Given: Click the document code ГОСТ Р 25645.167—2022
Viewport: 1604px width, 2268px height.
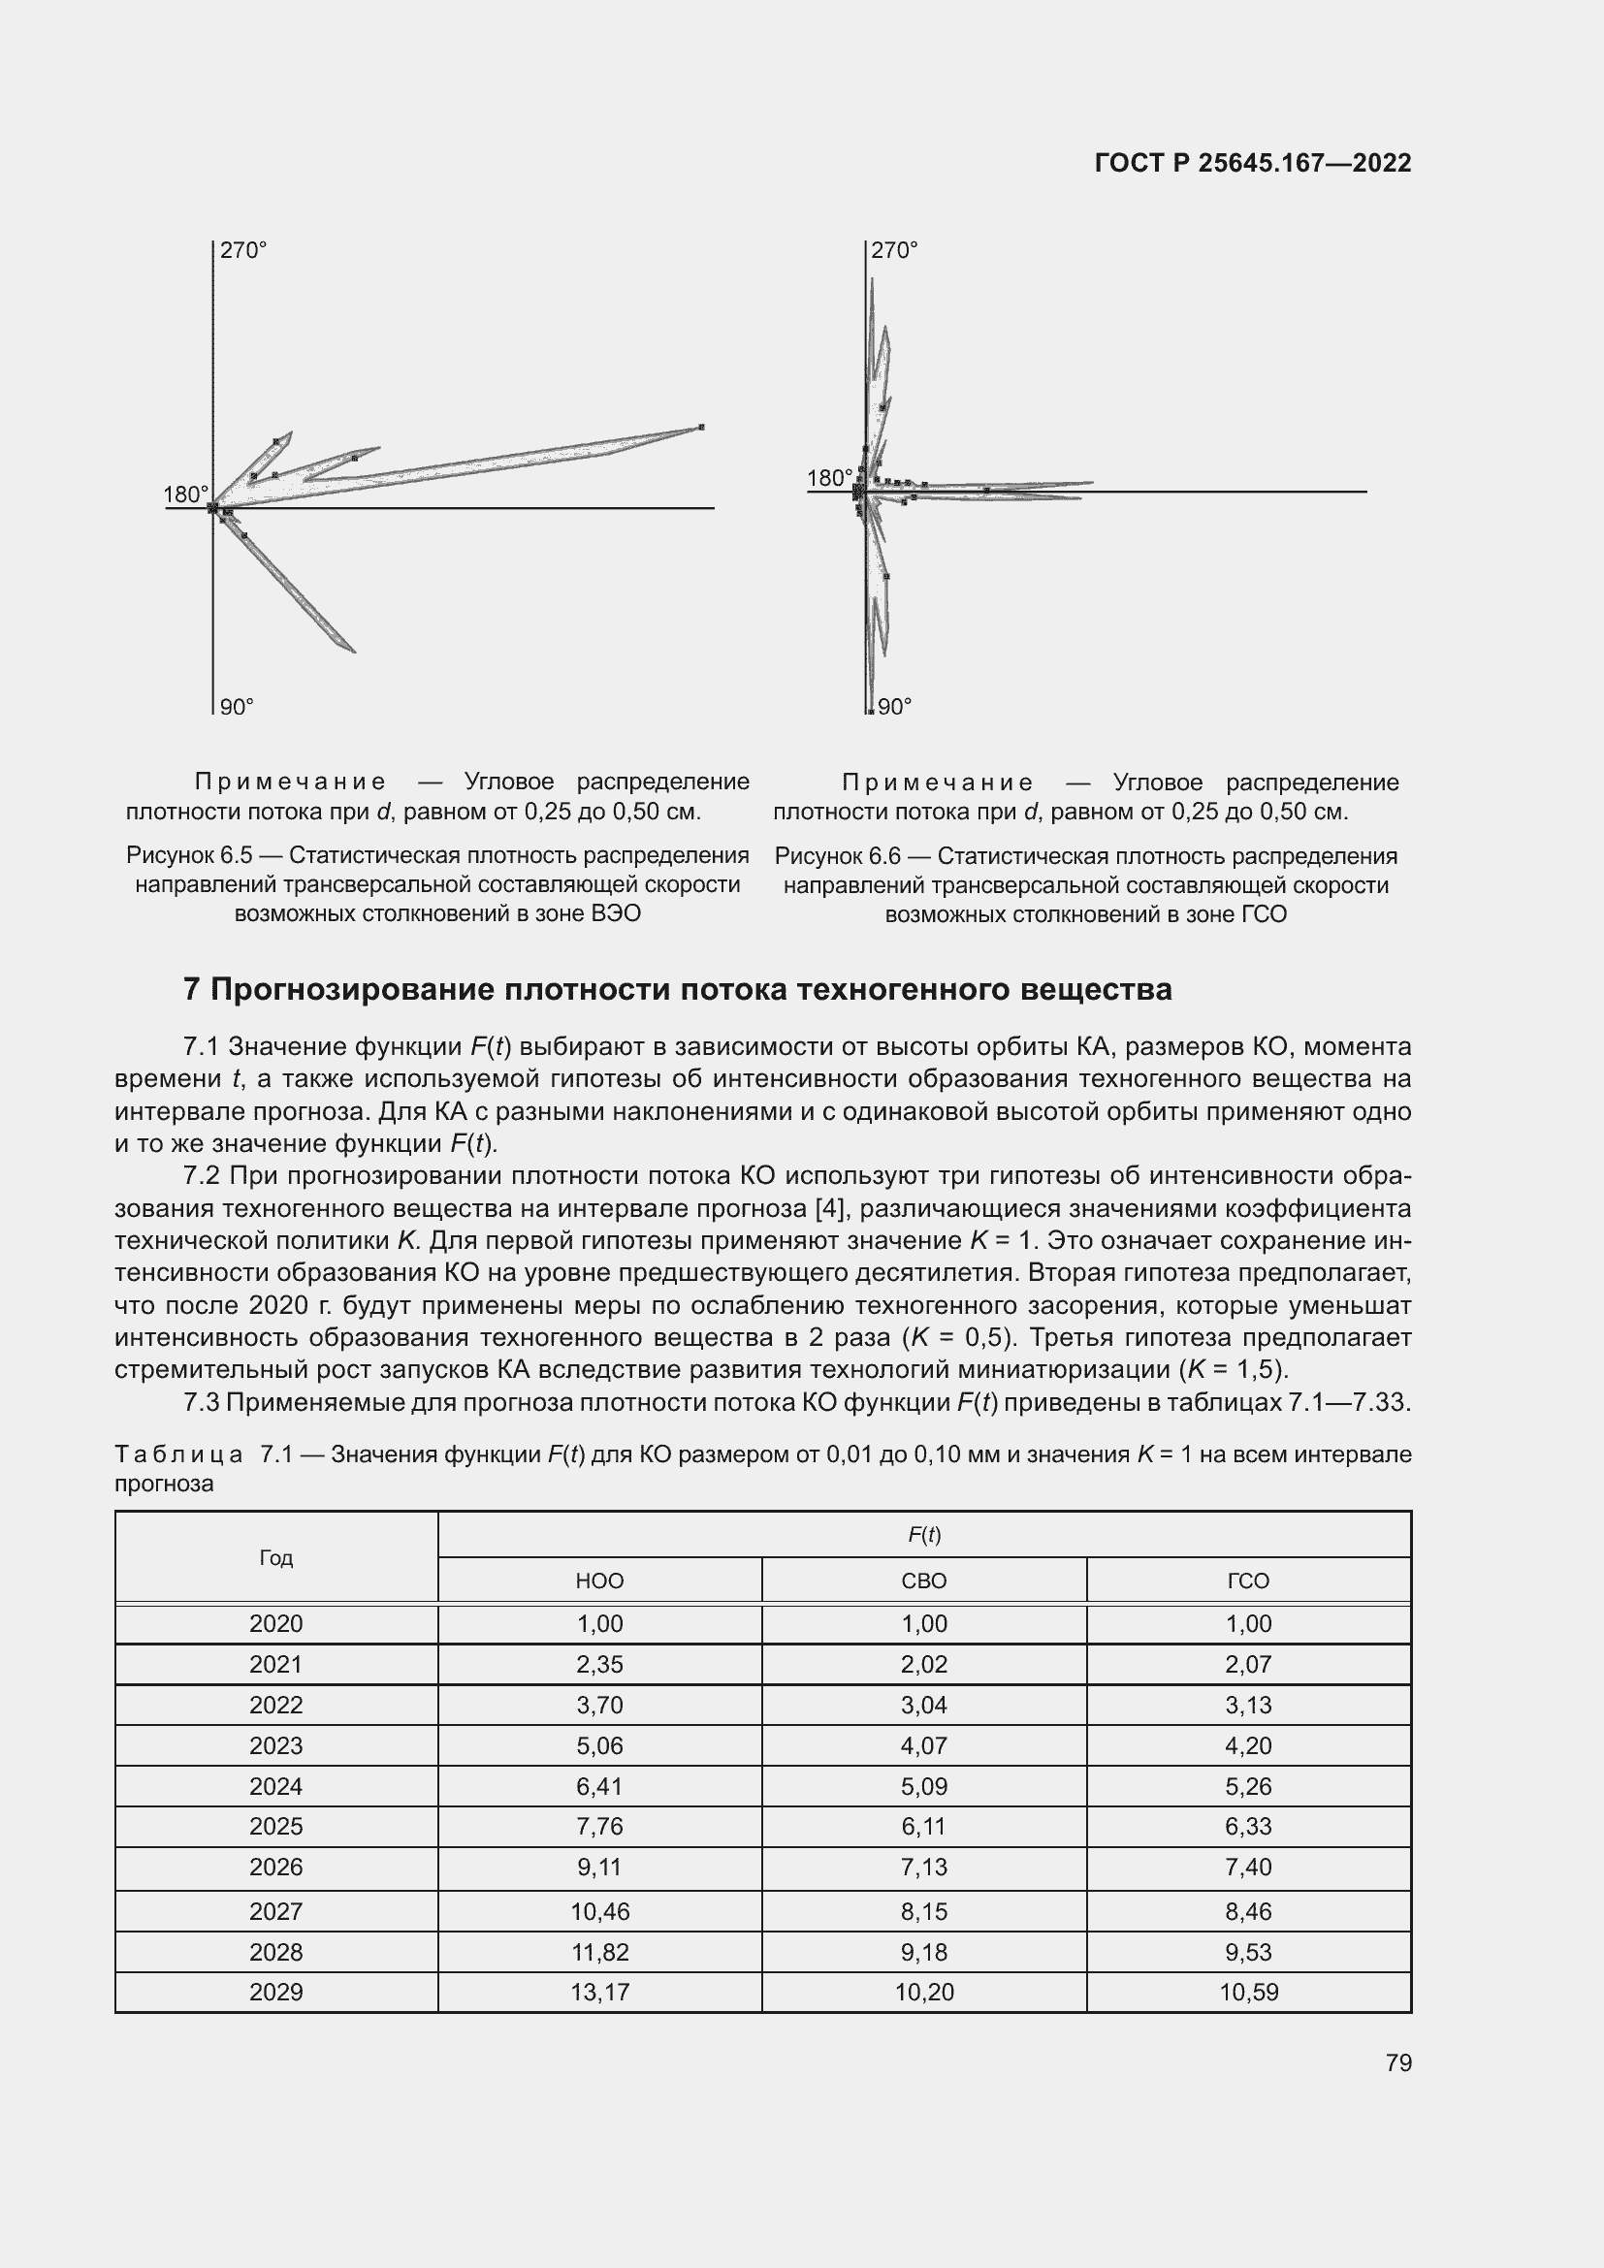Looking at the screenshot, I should point(1252,163).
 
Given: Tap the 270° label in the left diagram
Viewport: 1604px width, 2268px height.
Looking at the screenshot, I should point(243,251).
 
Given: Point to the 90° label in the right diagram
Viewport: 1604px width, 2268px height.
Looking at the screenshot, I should point(894,707).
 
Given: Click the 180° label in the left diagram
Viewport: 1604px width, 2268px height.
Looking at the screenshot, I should point(184,495).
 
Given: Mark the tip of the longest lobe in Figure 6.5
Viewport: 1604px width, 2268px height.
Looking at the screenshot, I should point(701,427).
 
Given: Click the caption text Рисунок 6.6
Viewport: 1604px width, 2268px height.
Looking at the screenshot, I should point(837,856).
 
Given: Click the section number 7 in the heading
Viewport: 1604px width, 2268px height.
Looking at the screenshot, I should point(192,990).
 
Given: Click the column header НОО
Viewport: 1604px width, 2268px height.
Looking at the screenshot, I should point(599,1581).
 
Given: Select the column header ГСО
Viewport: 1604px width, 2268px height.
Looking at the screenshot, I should point(1248,1581).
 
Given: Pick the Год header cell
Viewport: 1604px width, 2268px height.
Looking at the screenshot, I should point(276,1558).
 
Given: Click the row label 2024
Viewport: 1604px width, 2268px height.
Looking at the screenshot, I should point(276,1787).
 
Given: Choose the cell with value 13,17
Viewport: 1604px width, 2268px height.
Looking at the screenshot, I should point(599,1993).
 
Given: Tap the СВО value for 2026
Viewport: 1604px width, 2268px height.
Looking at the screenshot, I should point(923,1868).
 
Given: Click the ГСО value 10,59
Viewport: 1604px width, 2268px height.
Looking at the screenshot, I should point(1248,1993).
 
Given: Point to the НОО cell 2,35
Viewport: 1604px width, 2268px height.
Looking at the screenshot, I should point(599,1665).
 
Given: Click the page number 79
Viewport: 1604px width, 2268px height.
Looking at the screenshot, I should point(1398,2063).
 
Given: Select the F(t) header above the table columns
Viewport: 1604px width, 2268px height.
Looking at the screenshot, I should point(923,1535).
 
